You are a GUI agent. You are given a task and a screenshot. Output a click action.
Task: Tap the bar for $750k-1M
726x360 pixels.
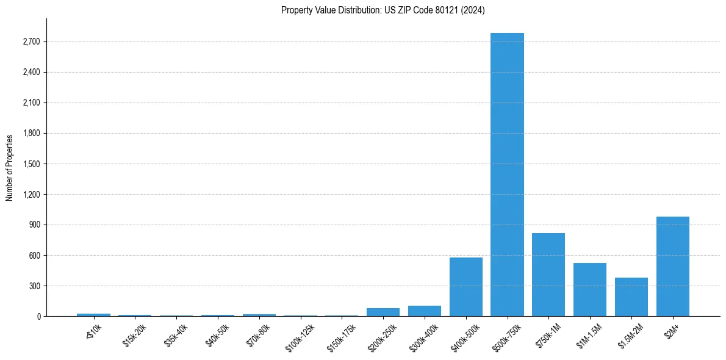(x=548, y=275)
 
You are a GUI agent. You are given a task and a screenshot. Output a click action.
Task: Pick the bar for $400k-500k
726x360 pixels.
(x=466, y=287)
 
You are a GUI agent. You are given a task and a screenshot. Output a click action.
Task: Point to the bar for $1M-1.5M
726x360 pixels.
(x=590, y=289)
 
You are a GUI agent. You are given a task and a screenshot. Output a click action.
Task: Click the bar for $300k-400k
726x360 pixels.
(x=425, y=311)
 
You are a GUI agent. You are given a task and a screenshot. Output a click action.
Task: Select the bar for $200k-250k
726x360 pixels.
(x=383, y=312)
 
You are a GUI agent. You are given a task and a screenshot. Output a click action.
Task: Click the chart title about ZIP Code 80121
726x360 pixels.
(x=383, y=10)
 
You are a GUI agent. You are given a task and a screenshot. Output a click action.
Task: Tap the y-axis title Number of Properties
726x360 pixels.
(x=10, y=168)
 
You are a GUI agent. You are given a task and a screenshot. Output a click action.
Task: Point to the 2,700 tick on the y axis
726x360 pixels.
(x=31, y=42)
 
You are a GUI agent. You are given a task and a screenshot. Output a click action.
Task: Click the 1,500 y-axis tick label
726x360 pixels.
(x=31, y=164)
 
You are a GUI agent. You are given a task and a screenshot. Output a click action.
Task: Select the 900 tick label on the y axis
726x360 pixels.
(x=35, y=225)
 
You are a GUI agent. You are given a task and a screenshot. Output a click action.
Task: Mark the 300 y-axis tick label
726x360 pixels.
(x=35, y=286)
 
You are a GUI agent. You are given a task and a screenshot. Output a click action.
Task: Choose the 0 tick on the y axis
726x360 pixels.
(x=39, y=317)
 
